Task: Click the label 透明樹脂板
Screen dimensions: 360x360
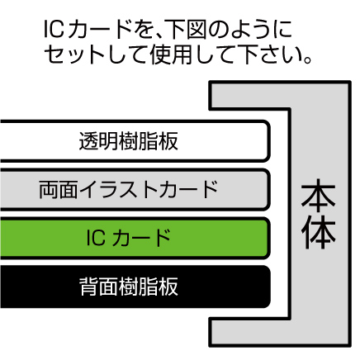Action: click(128, 141)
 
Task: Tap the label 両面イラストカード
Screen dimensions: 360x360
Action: click(128, 189)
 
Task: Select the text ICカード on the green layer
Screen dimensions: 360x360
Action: click(128, 238)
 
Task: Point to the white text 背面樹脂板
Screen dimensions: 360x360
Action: click(128, 287)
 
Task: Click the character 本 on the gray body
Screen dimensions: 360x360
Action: click(318, 195)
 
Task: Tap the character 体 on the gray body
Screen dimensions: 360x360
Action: click(318, 232)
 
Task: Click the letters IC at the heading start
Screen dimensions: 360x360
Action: click(54, 29)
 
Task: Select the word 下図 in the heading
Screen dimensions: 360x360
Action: click(187, 29)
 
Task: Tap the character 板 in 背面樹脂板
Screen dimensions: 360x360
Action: click(168, 287)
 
